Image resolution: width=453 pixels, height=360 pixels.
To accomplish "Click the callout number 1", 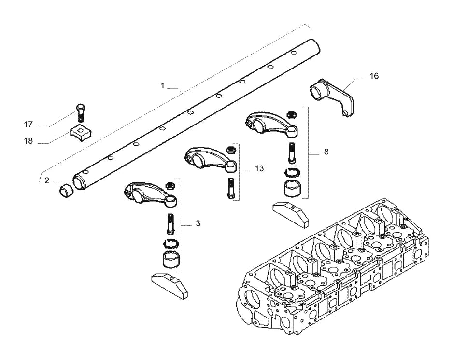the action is coord(162,85).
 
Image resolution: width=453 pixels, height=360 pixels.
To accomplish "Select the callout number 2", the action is coord(47,180).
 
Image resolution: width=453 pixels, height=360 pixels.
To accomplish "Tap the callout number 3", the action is coord(198,223).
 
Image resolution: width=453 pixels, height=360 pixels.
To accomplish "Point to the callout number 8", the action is coord(326,152).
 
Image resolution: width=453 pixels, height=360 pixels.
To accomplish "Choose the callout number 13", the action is coord(259,168).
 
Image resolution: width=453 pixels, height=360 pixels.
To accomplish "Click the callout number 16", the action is coord(374,76).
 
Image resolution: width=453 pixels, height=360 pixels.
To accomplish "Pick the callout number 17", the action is coord(28,125).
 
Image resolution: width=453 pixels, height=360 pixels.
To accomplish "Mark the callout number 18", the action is coord(28,141).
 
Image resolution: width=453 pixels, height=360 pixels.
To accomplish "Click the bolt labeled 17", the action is coord(81,112).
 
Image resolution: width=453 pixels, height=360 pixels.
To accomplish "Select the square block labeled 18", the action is coord(81,133).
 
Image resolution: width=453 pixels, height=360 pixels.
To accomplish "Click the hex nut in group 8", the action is coord(290,114).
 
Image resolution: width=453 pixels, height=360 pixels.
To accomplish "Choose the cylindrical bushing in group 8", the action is coord(292,188).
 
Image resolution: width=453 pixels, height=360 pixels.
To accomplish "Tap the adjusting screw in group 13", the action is coord(231,188).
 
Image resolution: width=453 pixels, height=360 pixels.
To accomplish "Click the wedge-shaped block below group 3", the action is coord(170,286).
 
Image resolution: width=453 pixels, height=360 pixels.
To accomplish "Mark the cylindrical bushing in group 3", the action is coord(170,259).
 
